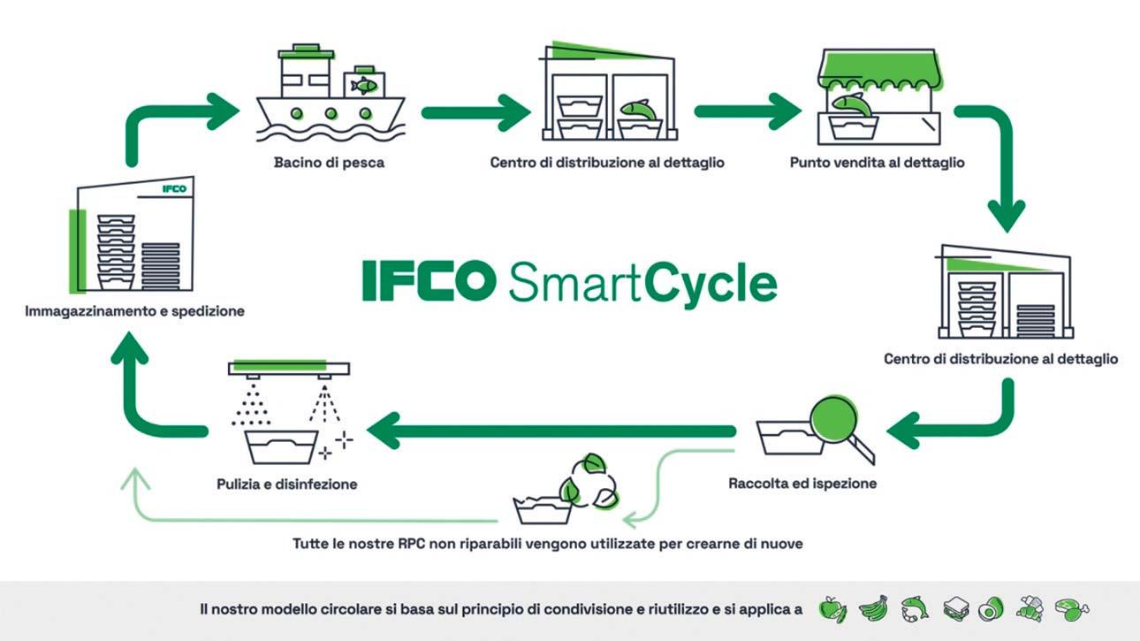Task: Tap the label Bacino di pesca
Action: click(x=329, y=163)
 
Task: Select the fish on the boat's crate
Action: click(x=362, y=85)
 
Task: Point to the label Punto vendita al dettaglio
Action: click(x=877, y=163)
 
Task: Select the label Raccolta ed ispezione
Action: click(x=802, y=484)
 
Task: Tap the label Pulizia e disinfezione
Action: click(x=286, y=484)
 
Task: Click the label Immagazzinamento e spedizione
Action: click(x=135, y=311)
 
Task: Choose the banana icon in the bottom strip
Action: click(x=872, y=609)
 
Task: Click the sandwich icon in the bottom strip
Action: click(x=956, y=609)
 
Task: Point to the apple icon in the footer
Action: click(x=832, y=609)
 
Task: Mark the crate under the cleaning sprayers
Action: click(x=281, y=447)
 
